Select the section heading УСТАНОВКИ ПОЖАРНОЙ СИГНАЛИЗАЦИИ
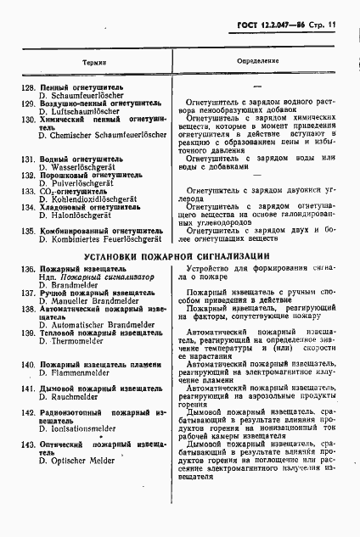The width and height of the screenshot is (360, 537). click(x=180, y=255)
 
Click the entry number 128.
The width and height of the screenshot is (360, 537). click(x=27, y=87)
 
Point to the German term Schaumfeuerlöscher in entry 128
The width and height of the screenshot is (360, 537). click(x=87, y=96)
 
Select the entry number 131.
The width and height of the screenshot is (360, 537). click(x=27, y=159)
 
